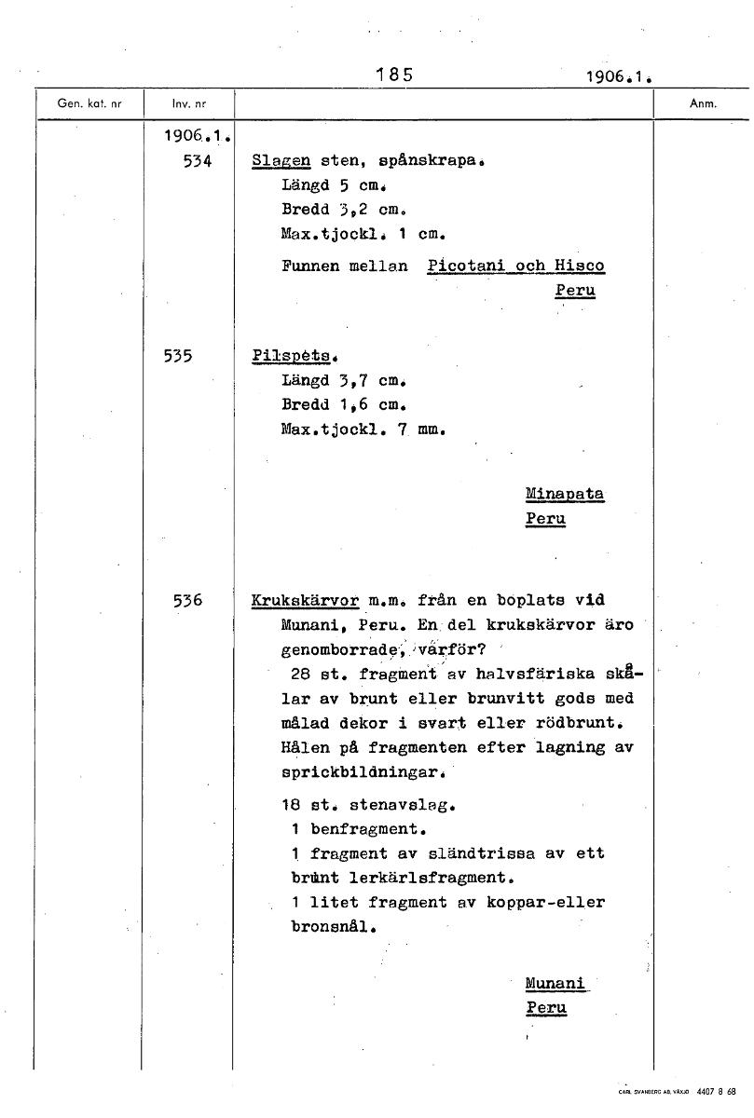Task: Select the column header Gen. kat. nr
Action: click(x=89, y=104)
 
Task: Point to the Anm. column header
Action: click(x=702, y=104)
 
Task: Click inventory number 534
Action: click(x=198, y=160)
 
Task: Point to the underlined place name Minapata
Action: click(x=565, y=494)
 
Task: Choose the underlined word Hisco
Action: click(x=579, y=266)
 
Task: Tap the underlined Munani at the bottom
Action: click(x=555, y=983)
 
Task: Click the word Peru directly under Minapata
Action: click(x=545, y=519)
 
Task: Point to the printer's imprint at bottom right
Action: click(x=679, y=1091)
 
